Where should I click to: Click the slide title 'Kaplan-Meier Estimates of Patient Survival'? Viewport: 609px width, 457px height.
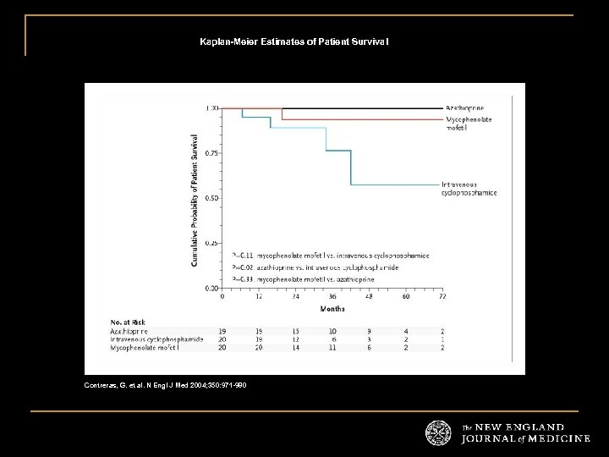[294, 41]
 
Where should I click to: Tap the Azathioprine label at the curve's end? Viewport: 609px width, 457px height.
[466, 108]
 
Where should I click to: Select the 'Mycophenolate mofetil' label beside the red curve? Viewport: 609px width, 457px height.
[469, 124]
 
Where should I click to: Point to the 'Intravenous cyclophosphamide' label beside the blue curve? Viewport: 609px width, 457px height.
[469, 188]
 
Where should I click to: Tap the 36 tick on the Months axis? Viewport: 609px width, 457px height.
[332, 297]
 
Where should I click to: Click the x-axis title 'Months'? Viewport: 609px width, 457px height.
[332, 309]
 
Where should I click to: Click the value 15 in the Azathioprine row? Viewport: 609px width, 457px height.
[296, 331]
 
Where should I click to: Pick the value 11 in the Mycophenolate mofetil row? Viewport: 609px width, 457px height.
[332, 347]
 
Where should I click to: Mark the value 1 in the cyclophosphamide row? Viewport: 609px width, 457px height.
[442, 339]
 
